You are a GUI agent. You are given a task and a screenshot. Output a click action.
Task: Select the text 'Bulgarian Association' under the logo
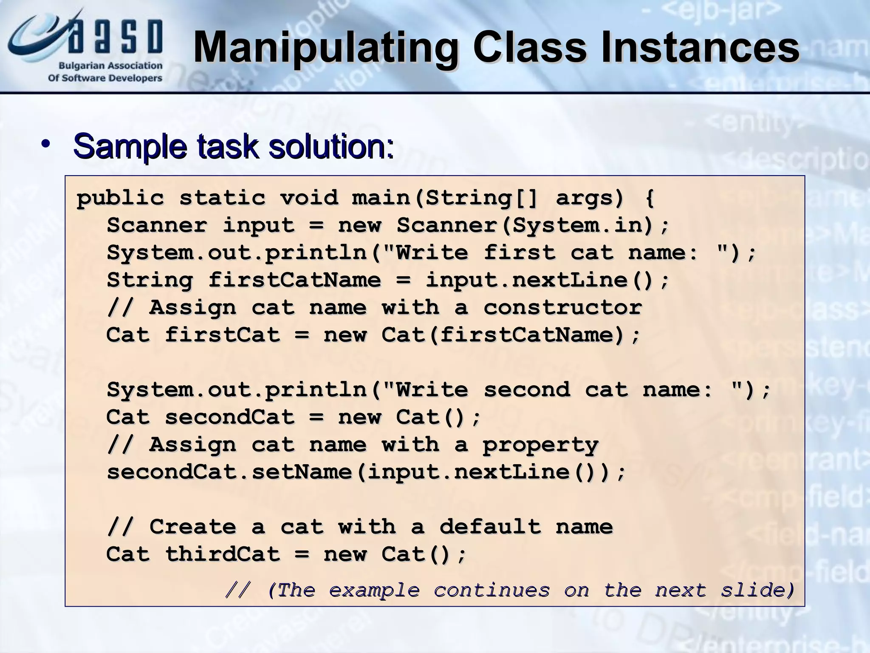(x=110, y=66)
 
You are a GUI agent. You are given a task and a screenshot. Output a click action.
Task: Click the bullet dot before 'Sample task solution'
(x=45, y=145)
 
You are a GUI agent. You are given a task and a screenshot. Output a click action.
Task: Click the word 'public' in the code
(x=120, y=198)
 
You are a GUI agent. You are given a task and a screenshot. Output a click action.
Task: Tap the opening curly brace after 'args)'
(x=650, y=198)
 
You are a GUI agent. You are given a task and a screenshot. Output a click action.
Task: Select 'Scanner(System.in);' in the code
(x=533, y=225)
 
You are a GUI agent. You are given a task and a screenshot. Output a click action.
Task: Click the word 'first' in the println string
(x=520, y=253)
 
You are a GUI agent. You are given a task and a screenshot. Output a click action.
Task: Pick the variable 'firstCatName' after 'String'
(x=294, y=280)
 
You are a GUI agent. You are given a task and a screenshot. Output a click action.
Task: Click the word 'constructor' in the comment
(x=562, y=307)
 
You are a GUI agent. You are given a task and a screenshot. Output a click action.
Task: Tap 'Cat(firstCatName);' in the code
(x=510, y=335)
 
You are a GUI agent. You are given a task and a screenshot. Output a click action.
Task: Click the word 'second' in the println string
(x=527, y=390)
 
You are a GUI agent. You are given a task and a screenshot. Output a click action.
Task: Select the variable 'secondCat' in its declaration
(x=229, y=417)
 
